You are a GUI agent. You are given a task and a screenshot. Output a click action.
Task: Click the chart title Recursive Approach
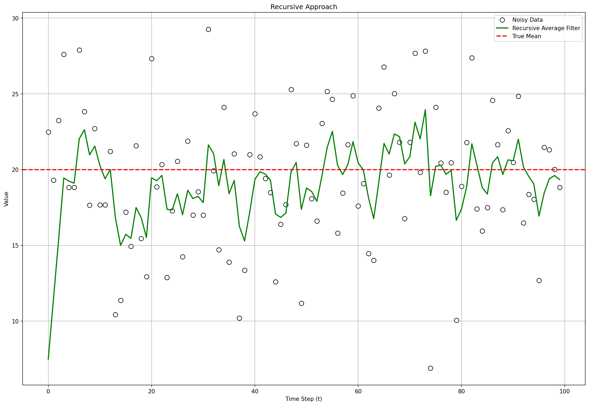click(304, 7)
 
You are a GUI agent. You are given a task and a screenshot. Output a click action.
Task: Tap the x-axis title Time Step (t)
click(304, 399)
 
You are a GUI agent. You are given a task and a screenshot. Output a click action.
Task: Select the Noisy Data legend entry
click(527, 20)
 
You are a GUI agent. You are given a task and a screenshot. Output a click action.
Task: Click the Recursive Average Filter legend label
click(546, 28)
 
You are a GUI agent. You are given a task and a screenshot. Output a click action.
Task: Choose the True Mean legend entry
click(526, 36)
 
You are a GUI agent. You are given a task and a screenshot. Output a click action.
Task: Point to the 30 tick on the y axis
click(16, 18)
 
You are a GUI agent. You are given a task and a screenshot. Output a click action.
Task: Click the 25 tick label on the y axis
click(16, 94)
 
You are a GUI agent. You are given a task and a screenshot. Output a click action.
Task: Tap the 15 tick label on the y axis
click(16, 245)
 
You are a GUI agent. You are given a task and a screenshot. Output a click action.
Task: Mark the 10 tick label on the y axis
click(16, 321)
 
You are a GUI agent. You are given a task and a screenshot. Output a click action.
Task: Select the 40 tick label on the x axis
click(255, 391)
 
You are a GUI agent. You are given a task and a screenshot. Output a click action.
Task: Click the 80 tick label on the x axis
click(461, 391)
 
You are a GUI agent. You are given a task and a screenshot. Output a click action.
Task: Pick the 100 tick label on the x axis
click(565, 391)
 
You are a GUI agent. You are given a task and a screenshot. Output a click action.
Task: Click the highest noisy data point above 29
click(208, 29)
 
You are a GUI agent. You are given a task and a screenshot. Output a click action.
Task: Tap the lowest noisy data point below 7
click(430, 368)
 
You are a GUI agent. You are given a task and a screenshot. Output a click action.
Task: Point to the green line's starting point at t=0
click(48, 359)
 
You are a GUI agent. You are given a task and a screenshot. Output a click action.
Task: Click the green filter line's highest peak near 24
click(425, 110)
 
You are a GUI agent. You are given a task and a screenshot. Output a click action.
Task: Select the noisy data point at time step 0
click(48, 132)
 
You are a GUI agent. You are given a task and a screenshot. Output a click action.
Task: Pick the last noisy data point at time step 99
click(560, 187)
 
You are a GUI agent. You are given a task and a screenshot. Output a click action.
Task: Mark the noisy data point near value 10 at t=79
click(456, 320)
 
